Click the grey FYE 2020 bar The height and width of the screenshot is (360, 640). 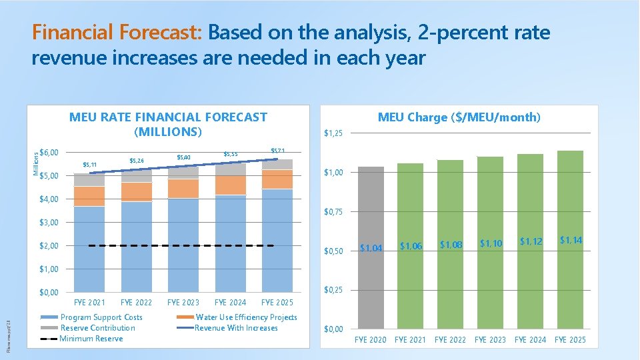click(371, 247)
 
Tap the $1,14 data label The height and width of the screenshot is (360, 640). click(571, 240)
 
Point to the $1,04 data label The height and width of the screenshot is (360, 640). click(371, 248)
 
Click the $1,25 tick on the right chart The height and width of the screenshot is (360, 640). click(333, 133)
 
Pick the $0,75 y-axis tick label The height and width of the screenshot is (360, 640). click(333, 212)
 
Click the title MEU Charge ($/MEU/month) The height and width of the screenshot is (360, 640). click(459, 117)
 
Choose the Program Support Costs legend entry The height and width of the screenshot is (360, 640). click(101, 317)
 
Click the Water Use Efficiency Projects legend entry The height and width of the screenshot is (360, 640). click(246, 317)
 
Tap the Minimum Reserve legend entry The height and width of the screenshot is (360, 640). click(91, 339)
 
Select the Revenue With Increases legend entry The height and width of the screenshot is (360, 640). click(236, 328)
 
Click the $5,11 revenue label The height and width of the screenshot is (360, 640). click(89, 165)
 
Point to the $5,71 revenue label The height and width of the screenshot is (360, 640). click(278, 151)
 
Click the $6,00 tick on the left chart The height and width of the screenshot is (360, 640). click(49, 153)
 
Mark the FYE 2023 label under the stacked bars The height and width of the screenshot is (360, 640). click(183, 303)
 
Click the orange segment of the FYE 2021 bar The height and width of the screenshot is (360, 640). click(89, 196)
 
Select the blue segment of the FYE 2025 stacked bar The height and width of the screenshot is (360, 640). click(277, 240)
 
